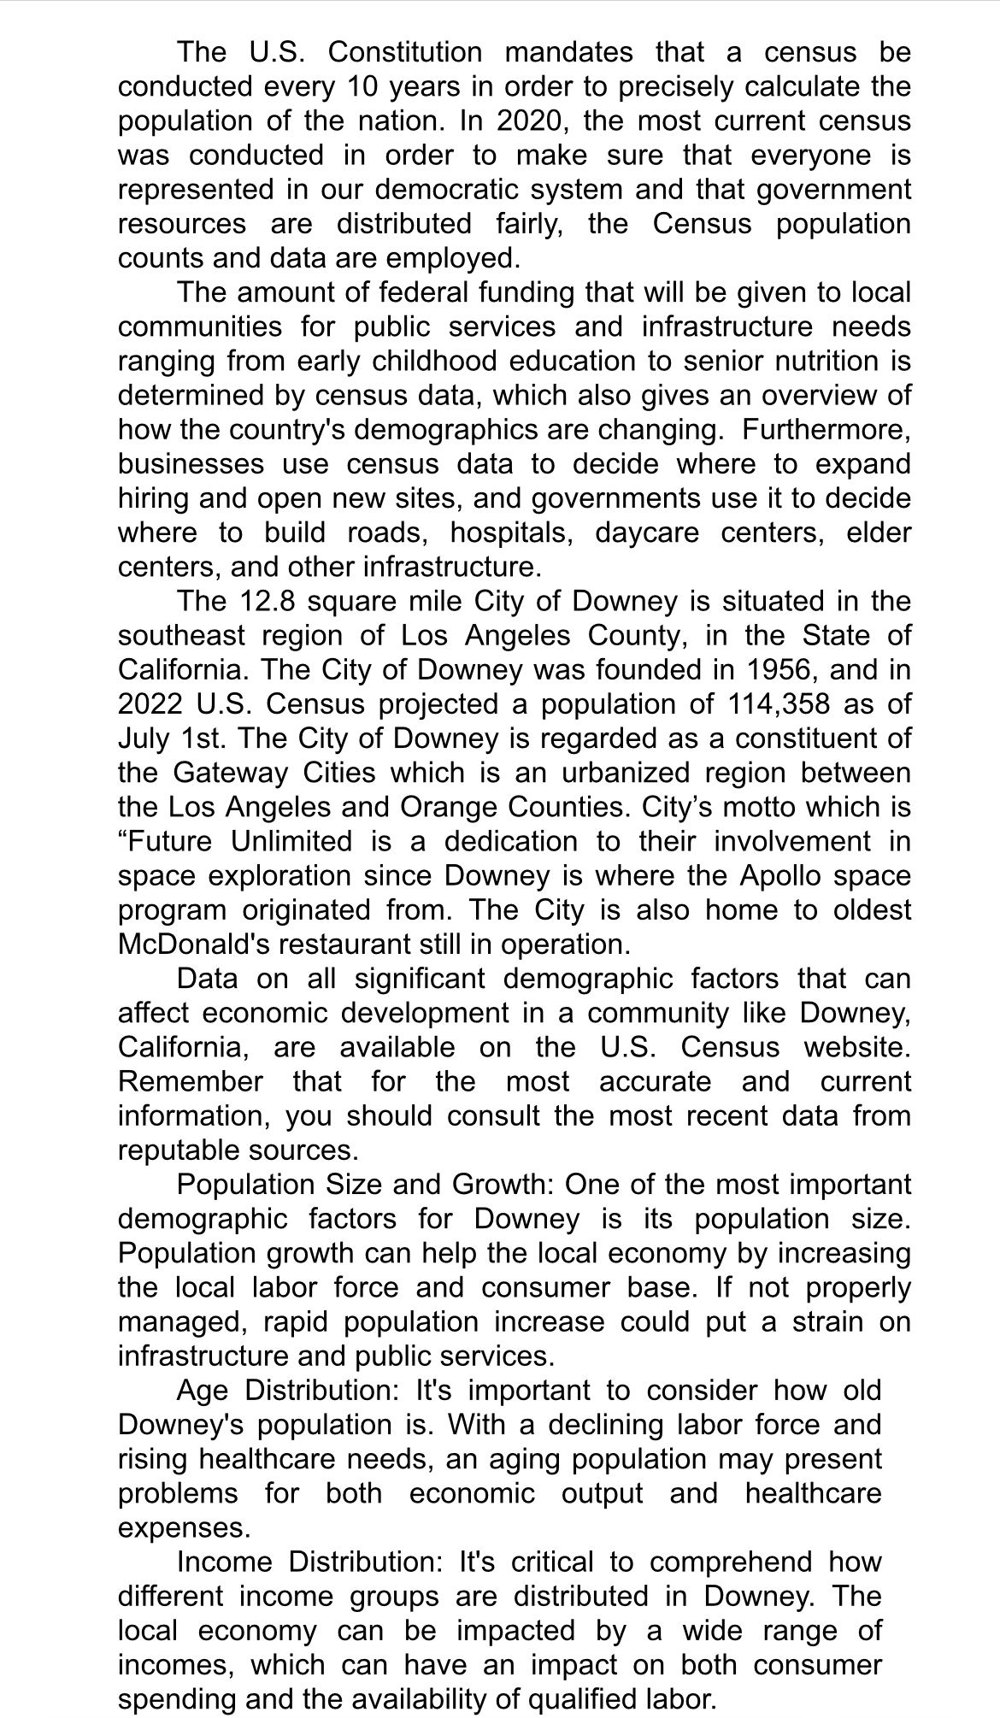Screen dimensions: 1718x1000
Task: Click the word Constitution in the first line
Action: coord(405,52)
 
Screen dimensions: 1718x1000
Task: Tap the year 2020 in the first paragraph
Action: coord(529,121)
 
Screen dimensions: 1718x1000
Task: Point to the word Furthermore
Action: coord(826,429)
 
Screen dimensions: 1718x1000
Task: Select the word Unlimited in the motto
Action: coord(291,841)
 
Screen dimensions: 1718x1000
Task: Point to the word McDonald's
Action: coord(196,944)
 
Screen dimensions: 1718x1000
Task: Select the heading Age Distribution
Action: coord(287,1390)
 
